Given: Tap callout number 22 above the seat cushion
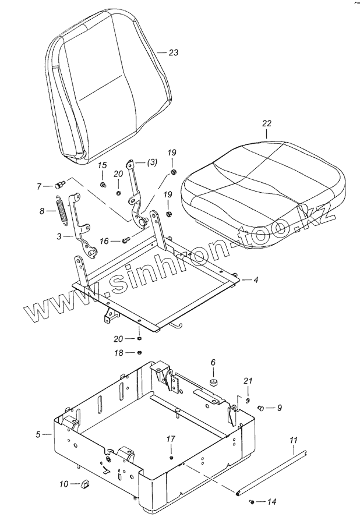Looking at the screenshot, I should pyautogui.click(x=266, y=123).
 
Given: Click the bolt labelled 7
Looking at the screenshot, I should pyautogui.click(x=58, y=186).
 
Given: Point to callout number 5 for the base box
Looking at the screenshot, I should pyautogui.click(x=38, y=434).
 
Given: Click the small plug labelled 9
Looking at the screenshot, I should pyautogui.click(x=261, y=408).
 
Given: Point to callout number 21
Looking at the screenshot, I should pyautogui.click(x=248, y=381).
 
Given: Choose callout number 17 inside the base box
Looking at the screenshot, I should pyautogui.click(x=171, y=439).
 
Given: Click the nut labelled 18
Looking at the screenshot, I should pyautogui.click(x=140, y=352).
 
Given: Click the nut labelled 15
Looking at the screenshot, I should pyautogui.click(x=102, y=185).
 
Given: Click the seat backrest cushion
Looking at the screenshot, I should pyautogui.click(x=111, y=87).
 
